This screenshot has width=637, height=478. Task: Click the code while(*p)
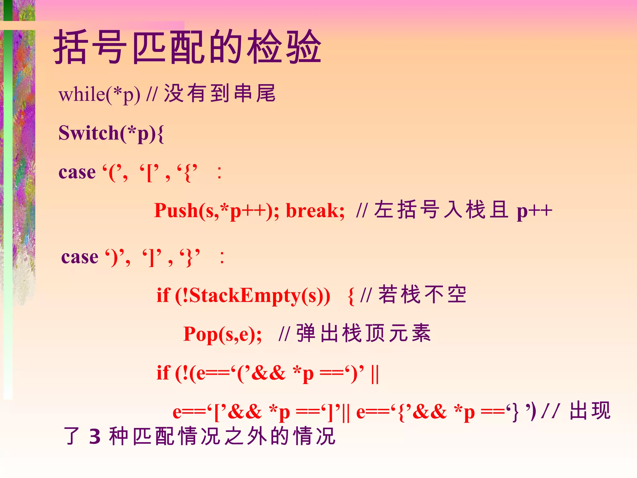[x=99, y=95]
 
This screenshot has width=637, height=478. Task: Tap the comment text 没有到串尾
[x=220, y=93]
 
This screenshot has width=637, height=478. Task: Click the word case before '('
[x=77, y=172]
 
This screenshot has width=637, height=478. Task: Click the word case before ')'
[x=80, y=257]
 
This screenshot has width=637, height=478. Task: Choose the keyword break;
[x=315, y=211]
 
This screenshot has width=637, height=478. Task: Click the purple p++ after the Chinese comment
[x=534, y=212]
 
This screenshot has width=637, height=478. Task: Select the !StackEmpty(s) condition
[x=252, y=295]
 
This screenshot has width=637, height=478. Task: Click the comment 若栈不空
[x=422, y=294]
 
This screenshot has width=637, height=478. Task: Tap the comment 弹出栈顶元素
[x=363, y=333]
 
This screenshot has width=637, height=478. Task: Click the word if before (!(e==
[x=163, y=373]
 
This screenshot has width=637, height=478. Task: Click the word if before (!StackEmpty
[x=163, y=295]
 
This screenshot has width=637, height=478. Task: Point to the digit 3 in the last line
[x=95, y=437]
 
